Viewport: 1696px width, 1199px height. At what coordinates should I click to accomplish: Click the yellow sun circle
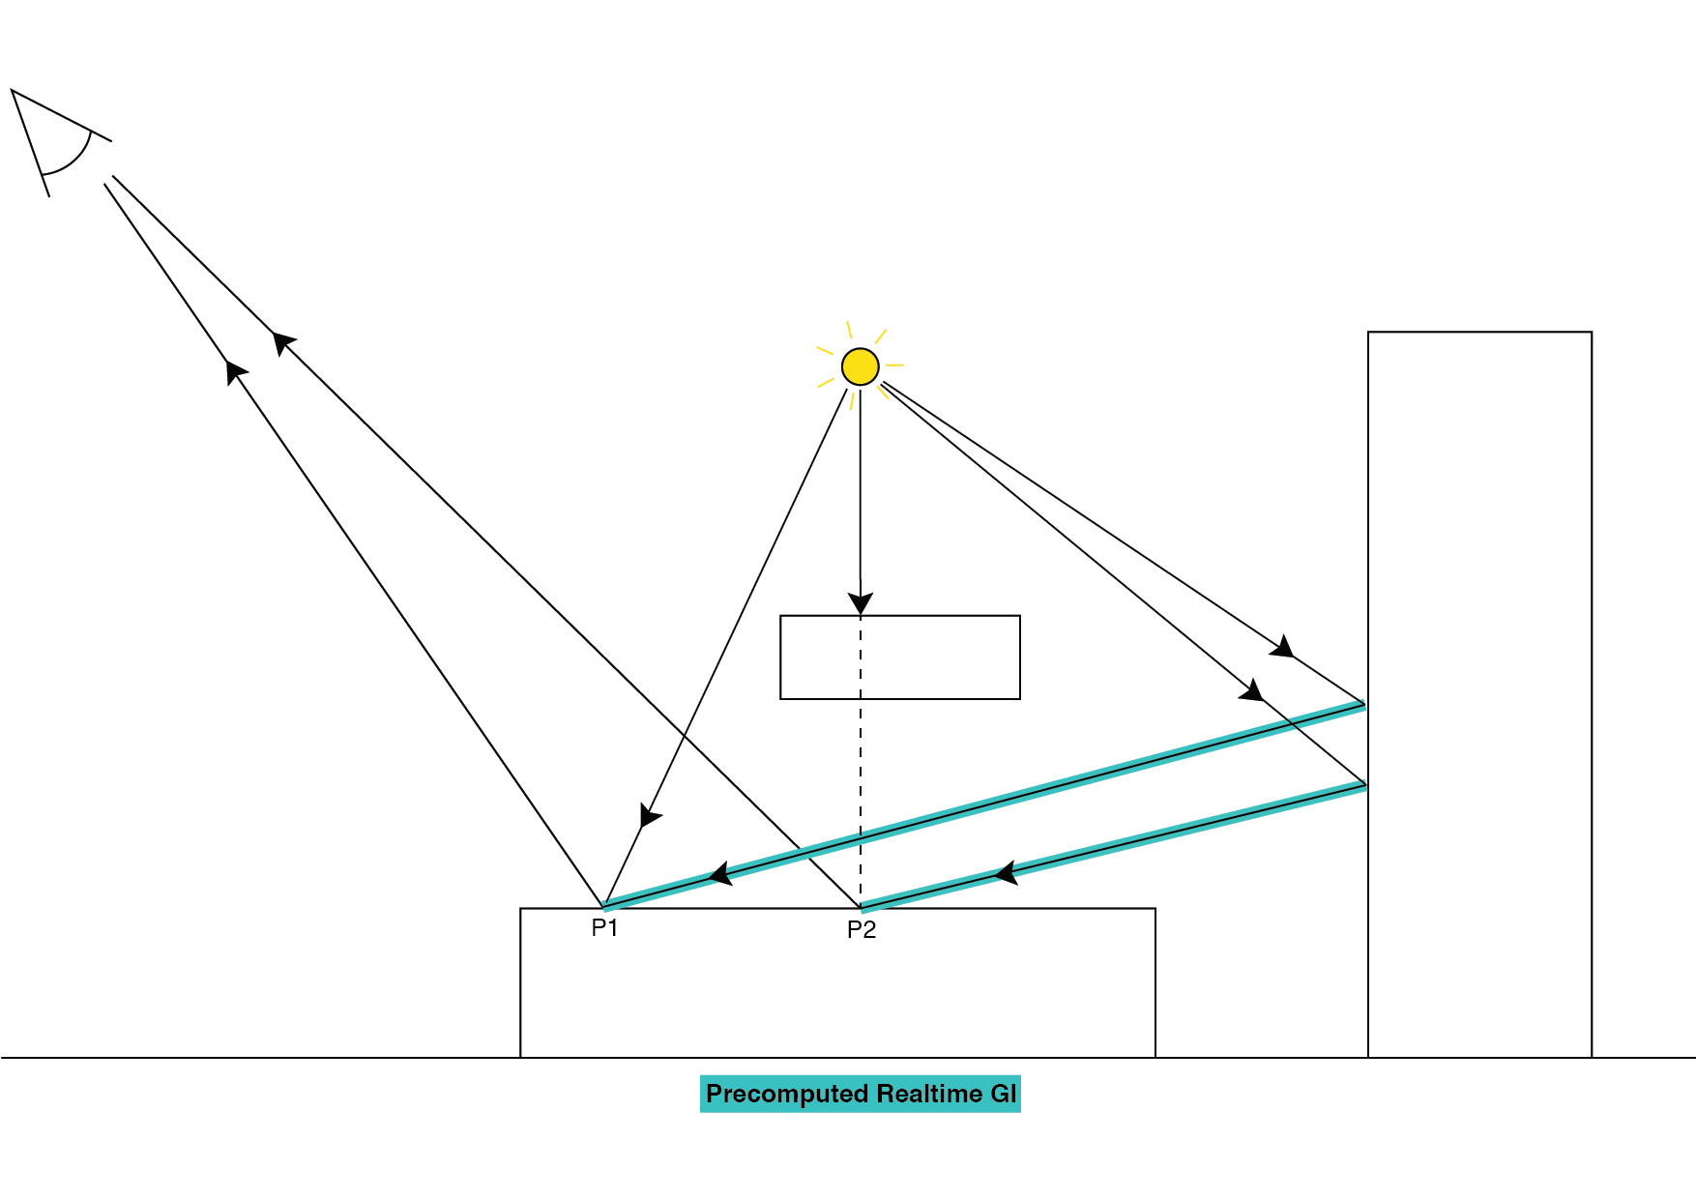pos(860,366)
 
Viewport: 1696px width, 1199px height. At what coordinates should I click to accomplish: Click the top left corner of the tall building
pos(1368,333)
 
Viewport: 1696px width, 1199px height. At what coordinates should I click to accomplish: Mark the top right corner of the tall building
pos(1592,333)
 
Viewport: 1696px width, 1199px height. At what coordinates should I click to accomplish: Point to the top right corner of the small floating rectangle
pos(1020,616)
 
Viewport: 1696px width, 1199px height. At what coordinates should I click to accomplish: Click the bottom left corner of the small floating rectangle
pos(780,698)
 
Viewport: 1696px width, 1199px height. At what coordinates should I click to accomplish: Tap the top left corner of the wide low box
pos(520,909)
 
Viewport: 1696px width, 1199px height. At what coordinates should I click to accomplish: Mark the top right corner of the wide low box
pos(1155,909)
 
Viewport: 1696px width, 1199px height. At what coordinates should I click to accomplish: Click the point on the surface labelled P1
pos(604,907)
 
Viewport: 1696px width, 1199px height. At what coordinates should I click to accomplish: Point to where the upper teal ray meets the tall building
pos(1365,705)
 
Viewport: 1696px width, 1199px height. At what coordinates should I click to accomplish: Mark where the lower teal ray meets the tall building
pos(1365,785)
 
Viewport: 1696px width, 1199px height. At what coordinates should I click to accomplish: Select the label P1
pos(604,928)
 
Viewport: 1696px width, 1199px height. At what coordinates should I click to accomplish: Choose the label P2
pos(861,930)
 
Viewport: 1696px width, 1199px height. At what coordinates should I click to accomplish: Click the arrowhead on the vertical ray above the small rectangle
pos(861,602)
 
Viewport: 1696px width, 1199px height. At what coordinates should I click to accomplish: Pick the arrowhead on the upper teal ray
pos(720,873)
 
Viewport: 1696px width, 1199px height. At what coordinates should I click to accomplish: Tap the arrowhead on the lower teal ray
pos(1006,873)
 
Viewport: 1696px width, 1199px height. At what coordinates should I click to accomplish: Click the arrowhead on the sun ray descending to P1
pos(650,816)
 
